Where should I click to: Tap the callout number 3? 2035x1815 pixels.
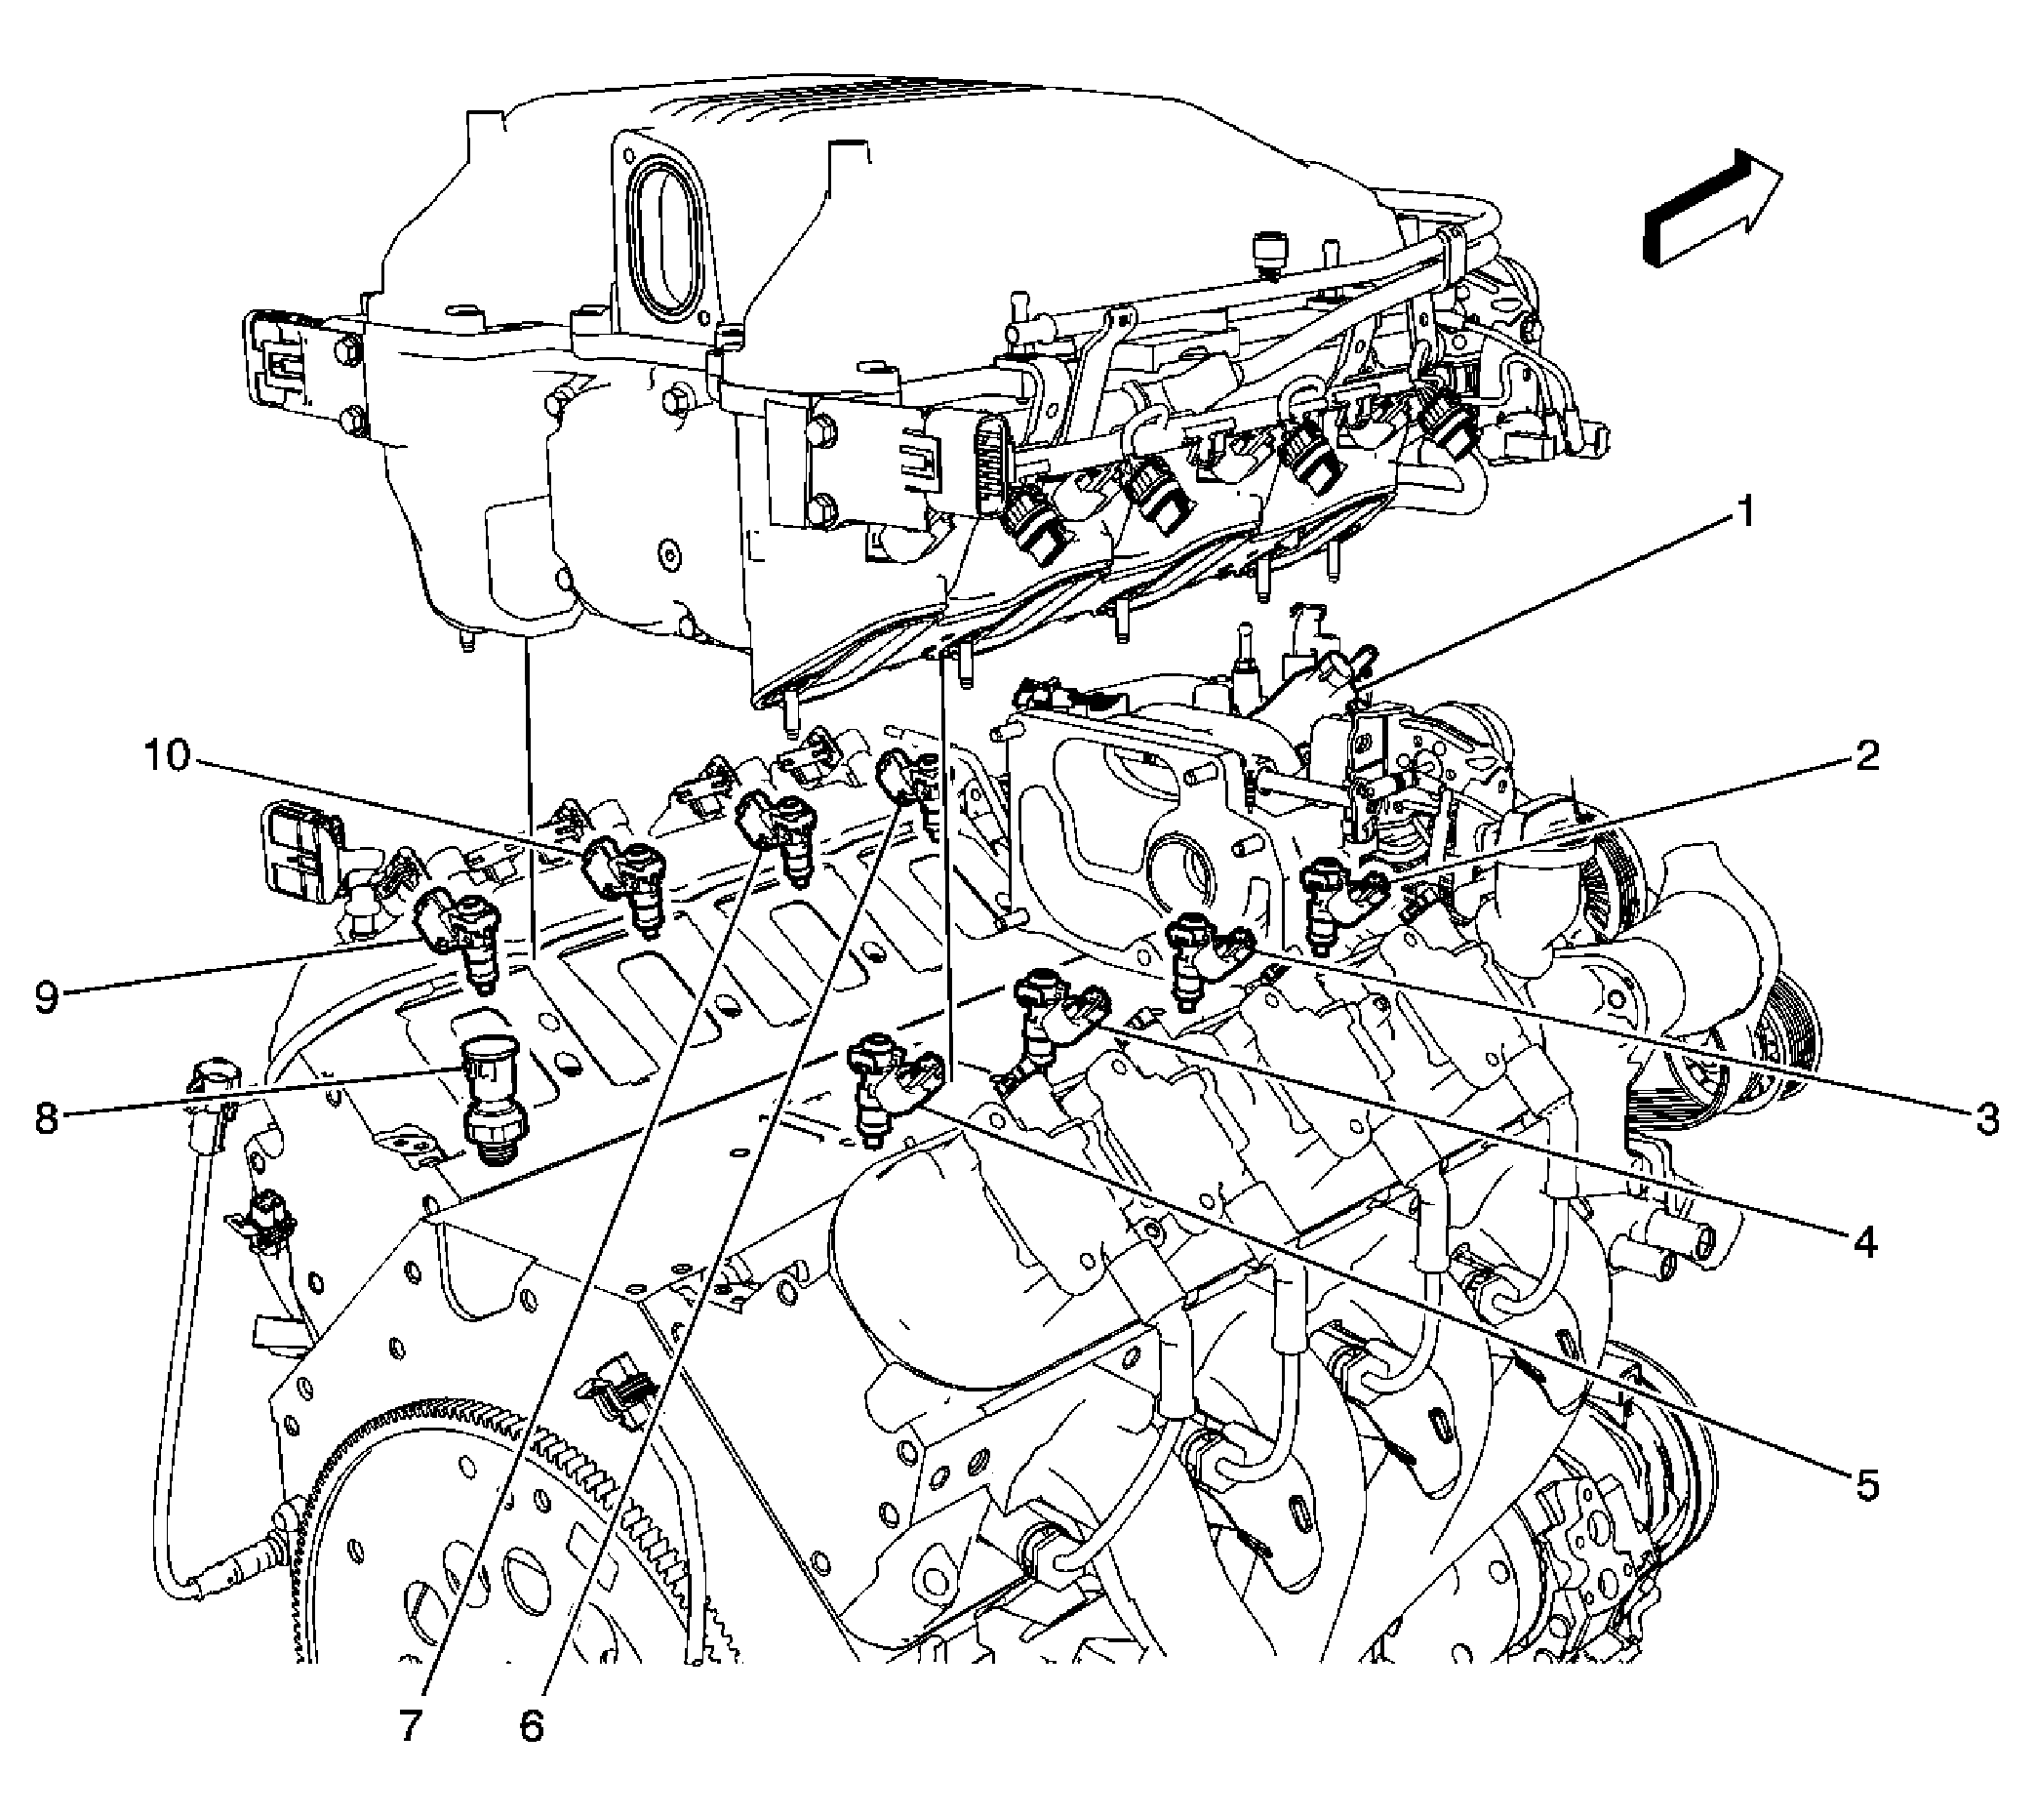[1988, 1119]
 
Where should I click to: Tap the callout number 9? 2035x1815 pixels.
[46, 997]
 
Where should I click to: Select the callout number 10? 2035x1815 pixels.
[167, 755]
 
